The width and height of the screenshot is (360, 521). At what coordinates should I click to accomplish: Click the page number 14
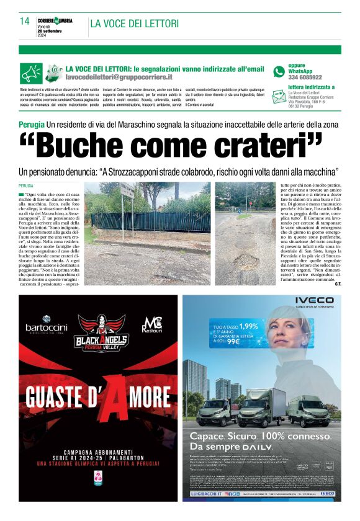click(x=24, y=21)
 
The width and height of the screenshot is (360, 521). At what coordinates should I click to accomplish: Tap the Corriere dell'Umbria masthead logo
click(x=55, y=20)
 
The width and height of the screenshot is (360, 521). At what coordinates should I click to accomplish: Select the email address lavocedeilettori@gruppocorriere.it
click(x=119, y=78)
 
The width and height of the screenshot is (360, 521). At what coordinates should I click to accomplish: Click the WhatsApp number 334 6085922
click(x=305, y=78)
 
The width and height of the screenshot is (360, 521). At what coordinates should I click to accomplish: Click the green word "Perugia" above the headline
click(x=32, y=125)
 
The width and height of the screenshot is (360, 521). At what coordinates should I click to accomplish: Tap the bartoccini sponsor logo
click(x=47, y=326)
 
